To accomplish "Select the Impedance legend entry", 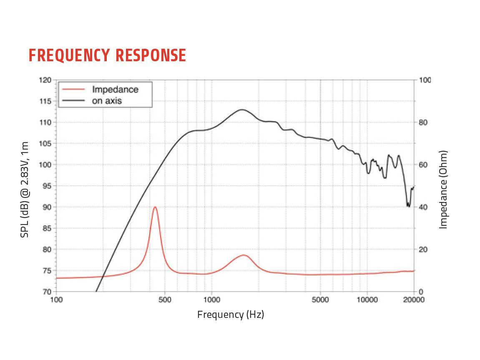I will click(x=115, y=89).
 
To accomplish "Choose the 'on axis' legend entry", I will click(x=107, y=100).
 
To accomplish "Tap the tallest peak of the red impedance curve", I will click(x=155, y=207).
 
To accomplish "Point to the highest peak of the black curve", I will click(x=242, y=110).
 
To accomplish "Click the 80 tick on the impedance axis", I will click(x=423, y=122).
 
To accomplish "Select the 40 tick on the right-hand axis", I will click(x=423, y=207).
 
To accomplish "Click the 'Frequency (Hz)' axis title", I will click(x=231, y=315).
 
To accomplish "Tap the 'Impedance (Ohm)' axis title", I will click(x=443, y=189).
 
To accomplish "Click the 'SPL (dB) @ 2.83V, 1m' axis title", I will click(x=25, y=189).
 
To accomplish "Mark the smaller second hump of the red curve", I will click(x=244, y=255).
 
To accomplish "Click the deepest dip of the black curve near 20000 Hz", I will click(x=408, y=206).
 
